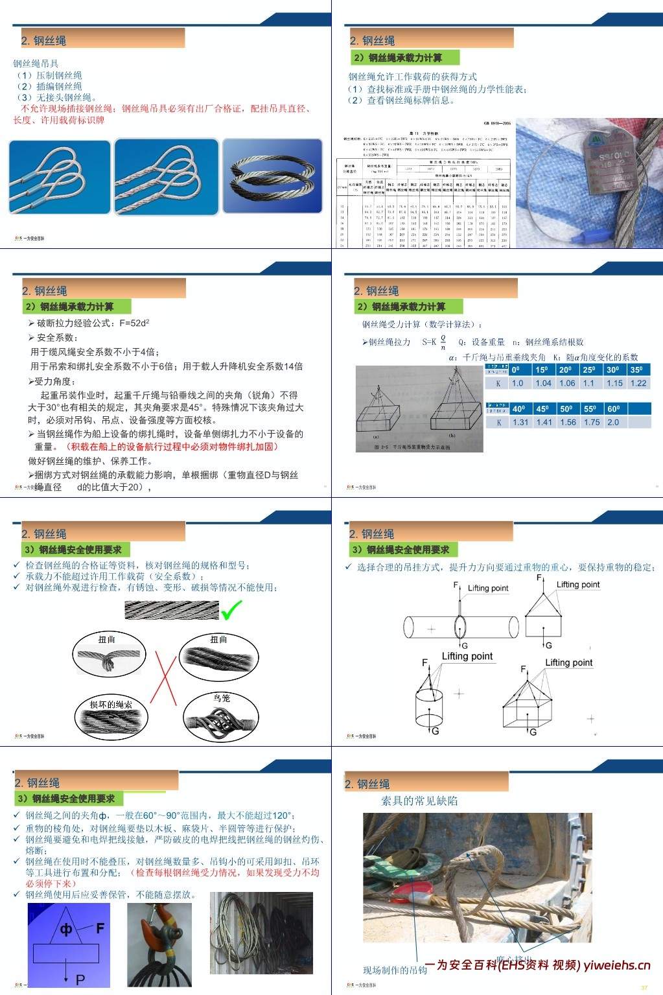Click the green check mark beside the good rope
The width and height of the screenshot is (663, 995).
pyautogui.click(x=231, y=610)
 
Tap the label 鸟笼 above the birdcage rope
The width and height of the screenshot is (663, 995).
pyautogui.click(x=222, y=698)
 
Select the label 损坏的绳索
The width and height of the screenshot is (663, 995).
pyautogui.click(x=111, y=704)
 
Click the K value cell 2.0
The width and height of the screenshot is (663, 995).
pyautogui.click(x=612, y=422)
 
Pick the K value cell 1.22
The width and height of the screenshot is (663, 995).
pyautogui.click(x=638, y=383)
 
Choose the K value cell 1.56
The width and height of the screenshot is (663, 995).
pyautogui.click(x=568, y=422)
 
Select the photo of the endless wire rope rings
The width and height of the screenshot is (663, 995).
pyautogui.click(x=272, y=176)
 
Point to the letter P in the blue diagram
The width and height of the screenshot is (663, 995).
pyautogui.click(x=80, y=979)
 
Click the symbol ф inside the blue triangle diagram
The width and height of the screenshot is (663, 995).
pyautogui.click(x=66, y=930)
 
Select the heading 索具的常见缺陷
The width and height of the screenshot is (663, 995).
pyautogui.click(x=419, y=801)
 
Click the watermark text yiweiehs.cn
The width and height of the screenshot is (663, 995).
pyautogui.click(x=616, y=965)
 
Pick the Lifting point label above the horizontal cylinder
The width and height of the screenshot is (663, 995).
pyautogui.click(x=488, y=588)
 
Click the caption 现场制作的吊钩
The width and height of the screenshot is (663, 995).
pyautogui.click(x=395, y=970)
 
